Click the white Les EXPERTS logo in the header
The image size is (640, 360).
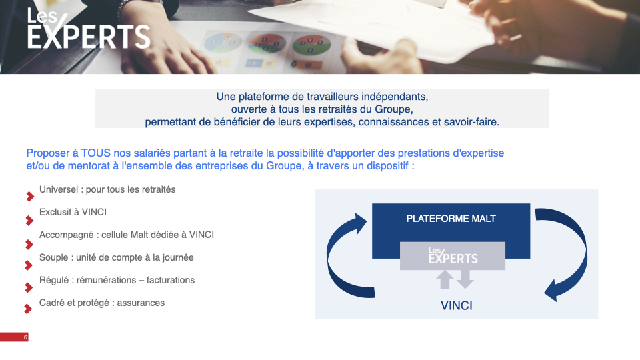click(89, 29)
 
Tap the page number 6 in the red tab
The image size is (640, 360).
click(26, 337)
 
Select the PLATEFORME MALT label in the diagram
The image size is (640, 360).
click(451, 219)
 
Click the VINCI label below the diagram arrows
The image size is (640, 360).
click(456, 306)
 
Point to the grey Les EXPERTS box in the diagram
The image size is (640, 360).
click(453, 256)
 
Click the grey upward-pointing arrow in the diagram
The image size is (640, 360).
click(445, 279)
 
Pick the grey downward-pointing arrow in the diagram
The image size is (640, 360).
click(465, 279)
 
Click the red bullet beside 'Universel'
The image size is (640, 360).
click(29, 197)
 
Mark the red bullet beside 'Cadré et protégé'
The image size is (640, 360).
click(28, 309)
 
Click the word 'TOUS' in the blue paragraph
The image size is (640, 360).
click(96, 153)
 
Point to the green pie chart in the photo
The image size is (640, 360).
click(311, 45)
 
